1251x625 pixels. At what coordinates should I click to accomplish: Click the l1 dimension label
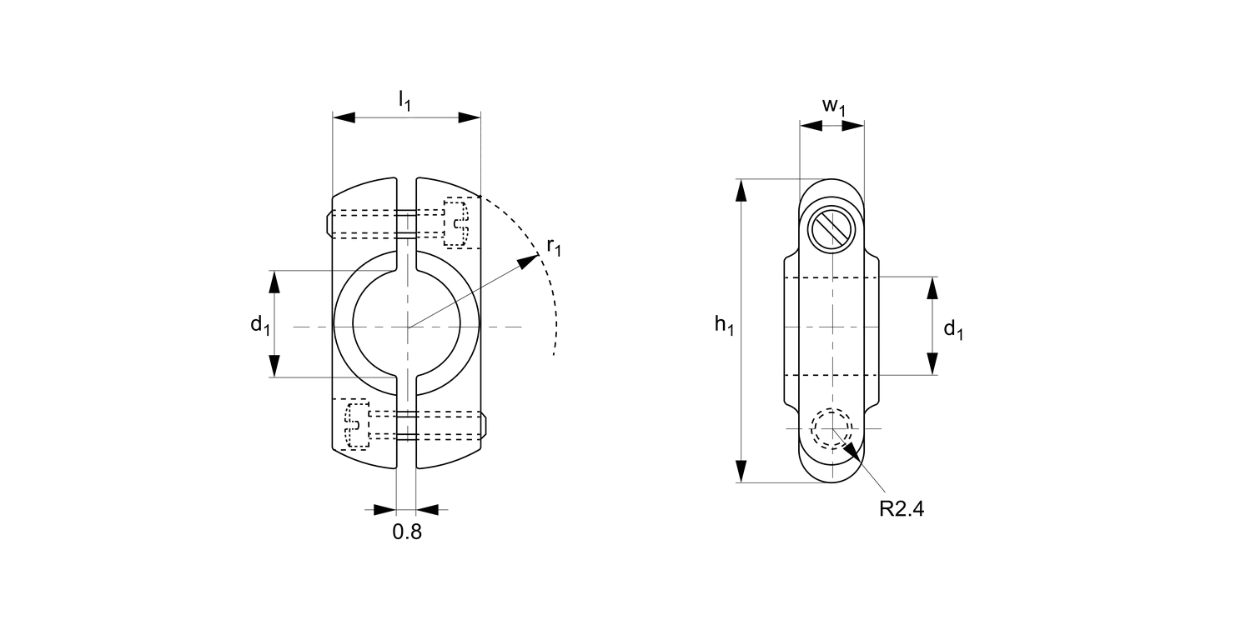404,101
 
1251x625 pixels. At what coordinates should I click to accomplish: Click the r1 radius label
555,247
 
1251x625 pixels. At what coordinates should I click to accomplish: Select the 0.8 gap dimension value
407,532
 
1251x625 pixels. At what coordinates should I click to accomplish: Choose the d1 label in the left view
260,324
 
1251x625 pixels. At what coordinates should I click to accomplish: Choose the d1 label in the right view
953,329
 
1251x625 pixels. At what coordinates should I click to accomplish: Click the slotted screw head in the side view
832,227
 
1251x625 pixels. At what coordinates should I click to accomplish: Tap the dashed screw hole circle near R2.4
832,428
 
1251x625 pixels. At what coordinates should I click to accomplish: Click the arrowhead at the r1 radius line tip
530,260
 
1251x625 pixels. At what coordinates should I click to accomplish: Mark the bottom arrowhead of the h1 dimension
740,472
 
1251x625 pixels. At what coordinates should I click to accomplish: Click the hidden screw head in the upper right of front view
456,222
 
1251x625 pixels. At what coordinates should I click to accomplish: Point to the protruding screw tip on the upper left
327,223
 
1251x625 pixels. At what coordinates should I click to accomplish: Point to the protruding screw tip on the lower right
485,424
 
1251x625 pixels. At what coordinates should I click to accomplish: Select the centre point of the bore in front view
407,327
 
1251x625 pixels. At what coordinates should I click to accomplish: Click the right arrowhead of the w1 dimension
854,126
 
